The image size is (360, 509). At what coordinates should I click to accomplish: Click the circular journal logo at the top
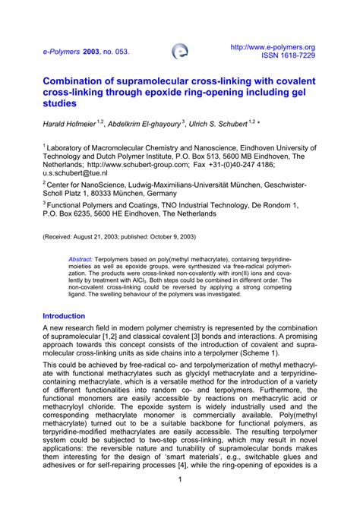[181, 52]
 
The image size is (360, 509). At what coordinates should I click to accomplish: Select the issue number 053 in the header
[118, 52]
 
